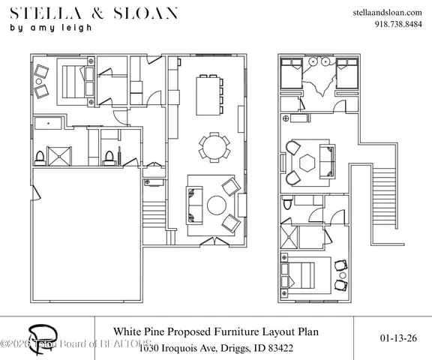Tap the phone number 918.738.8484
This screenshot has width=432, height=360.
tap(397, 23)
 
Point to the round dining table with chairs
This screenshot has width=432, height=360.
tap(214, 146)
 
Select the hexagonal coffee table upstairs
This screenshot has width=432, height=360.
tap(307, 163)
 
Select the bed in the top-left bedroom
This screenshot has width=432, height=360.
tap(72, 79)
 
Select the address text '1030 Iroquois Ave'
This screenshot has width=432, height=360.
tap(177, 348)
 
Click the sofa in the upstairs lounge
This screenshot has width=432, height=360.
tap(327, 159)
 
